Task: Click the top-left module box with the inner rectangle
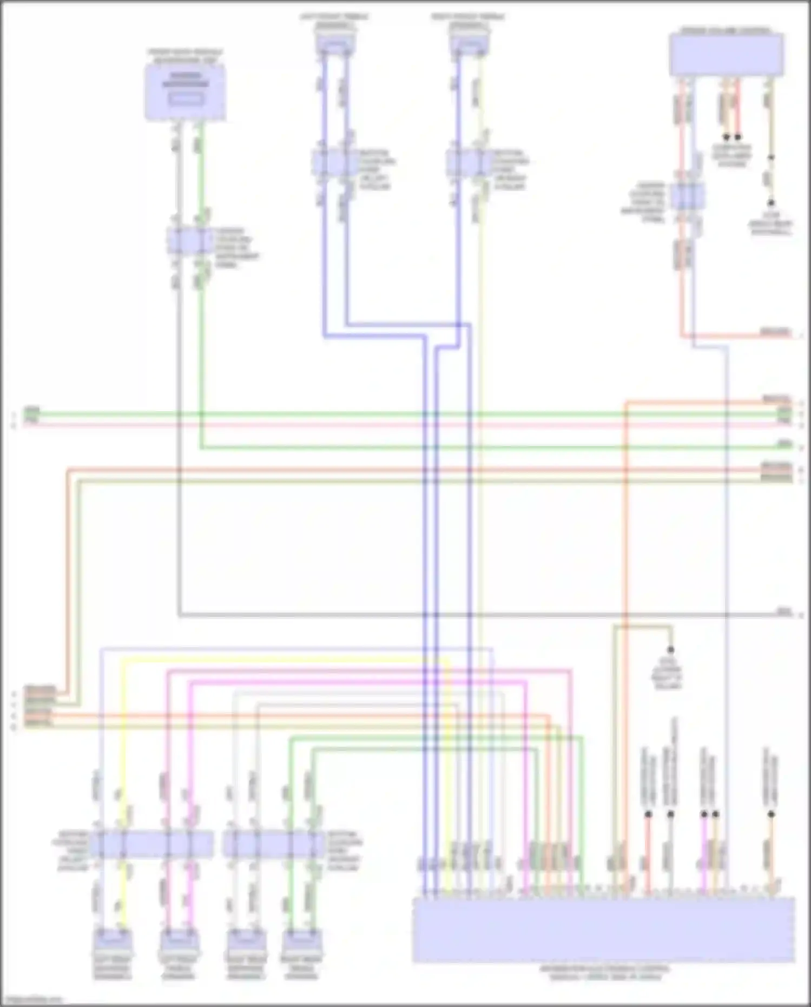coord(185,93)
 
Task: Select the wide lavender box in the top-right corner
coord(726,54)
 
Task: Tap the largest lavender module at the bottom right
coord(603,930)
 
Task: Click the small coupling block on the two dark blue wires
coord(334,162)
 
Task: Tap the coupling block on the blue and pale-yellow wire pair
coord(469,162)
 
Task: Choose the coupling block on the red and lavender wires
coord(687,196)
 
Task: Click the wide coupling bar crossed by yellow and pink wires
coord(151,844)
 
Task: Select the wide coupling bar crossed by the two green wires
coord(273,844)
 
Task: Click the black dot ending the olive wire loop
coord(670,649)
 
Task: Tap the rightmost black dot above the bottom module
coord(772,814)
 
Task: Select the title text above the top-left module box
coord(185,56)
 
